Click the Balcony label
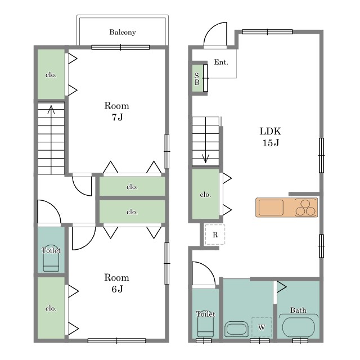point(123,33)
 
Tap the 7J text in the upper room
point(117,118)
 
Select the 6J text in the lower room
point(117,289)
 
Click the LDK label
point(270,131)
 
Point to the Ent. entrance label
point(221,62)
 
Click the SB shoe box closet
point(197,78)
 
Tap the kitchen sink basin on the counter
point(271,208)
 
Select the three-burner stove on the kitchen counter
point(305,208)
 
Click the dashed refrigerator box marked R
point(215,235)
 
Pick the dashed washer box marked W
point(262,327)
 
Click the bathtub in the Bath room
point(299,327)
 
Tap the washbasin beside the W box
point(236,328)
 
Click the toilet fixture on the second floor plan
point(51,258)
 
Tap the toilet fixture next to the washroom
point(205,323)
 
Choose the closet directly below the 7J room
point(132,186)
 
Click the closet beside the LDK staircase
point(205,194)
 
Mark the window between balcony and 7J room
point(120,47)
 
